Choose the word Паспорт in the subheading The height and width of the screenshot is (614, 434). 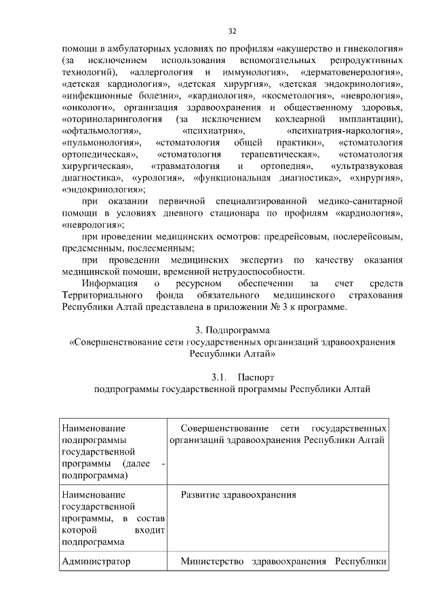pos(258,377)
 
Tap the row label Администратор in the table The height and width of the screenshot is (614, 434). pos(95,561)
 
